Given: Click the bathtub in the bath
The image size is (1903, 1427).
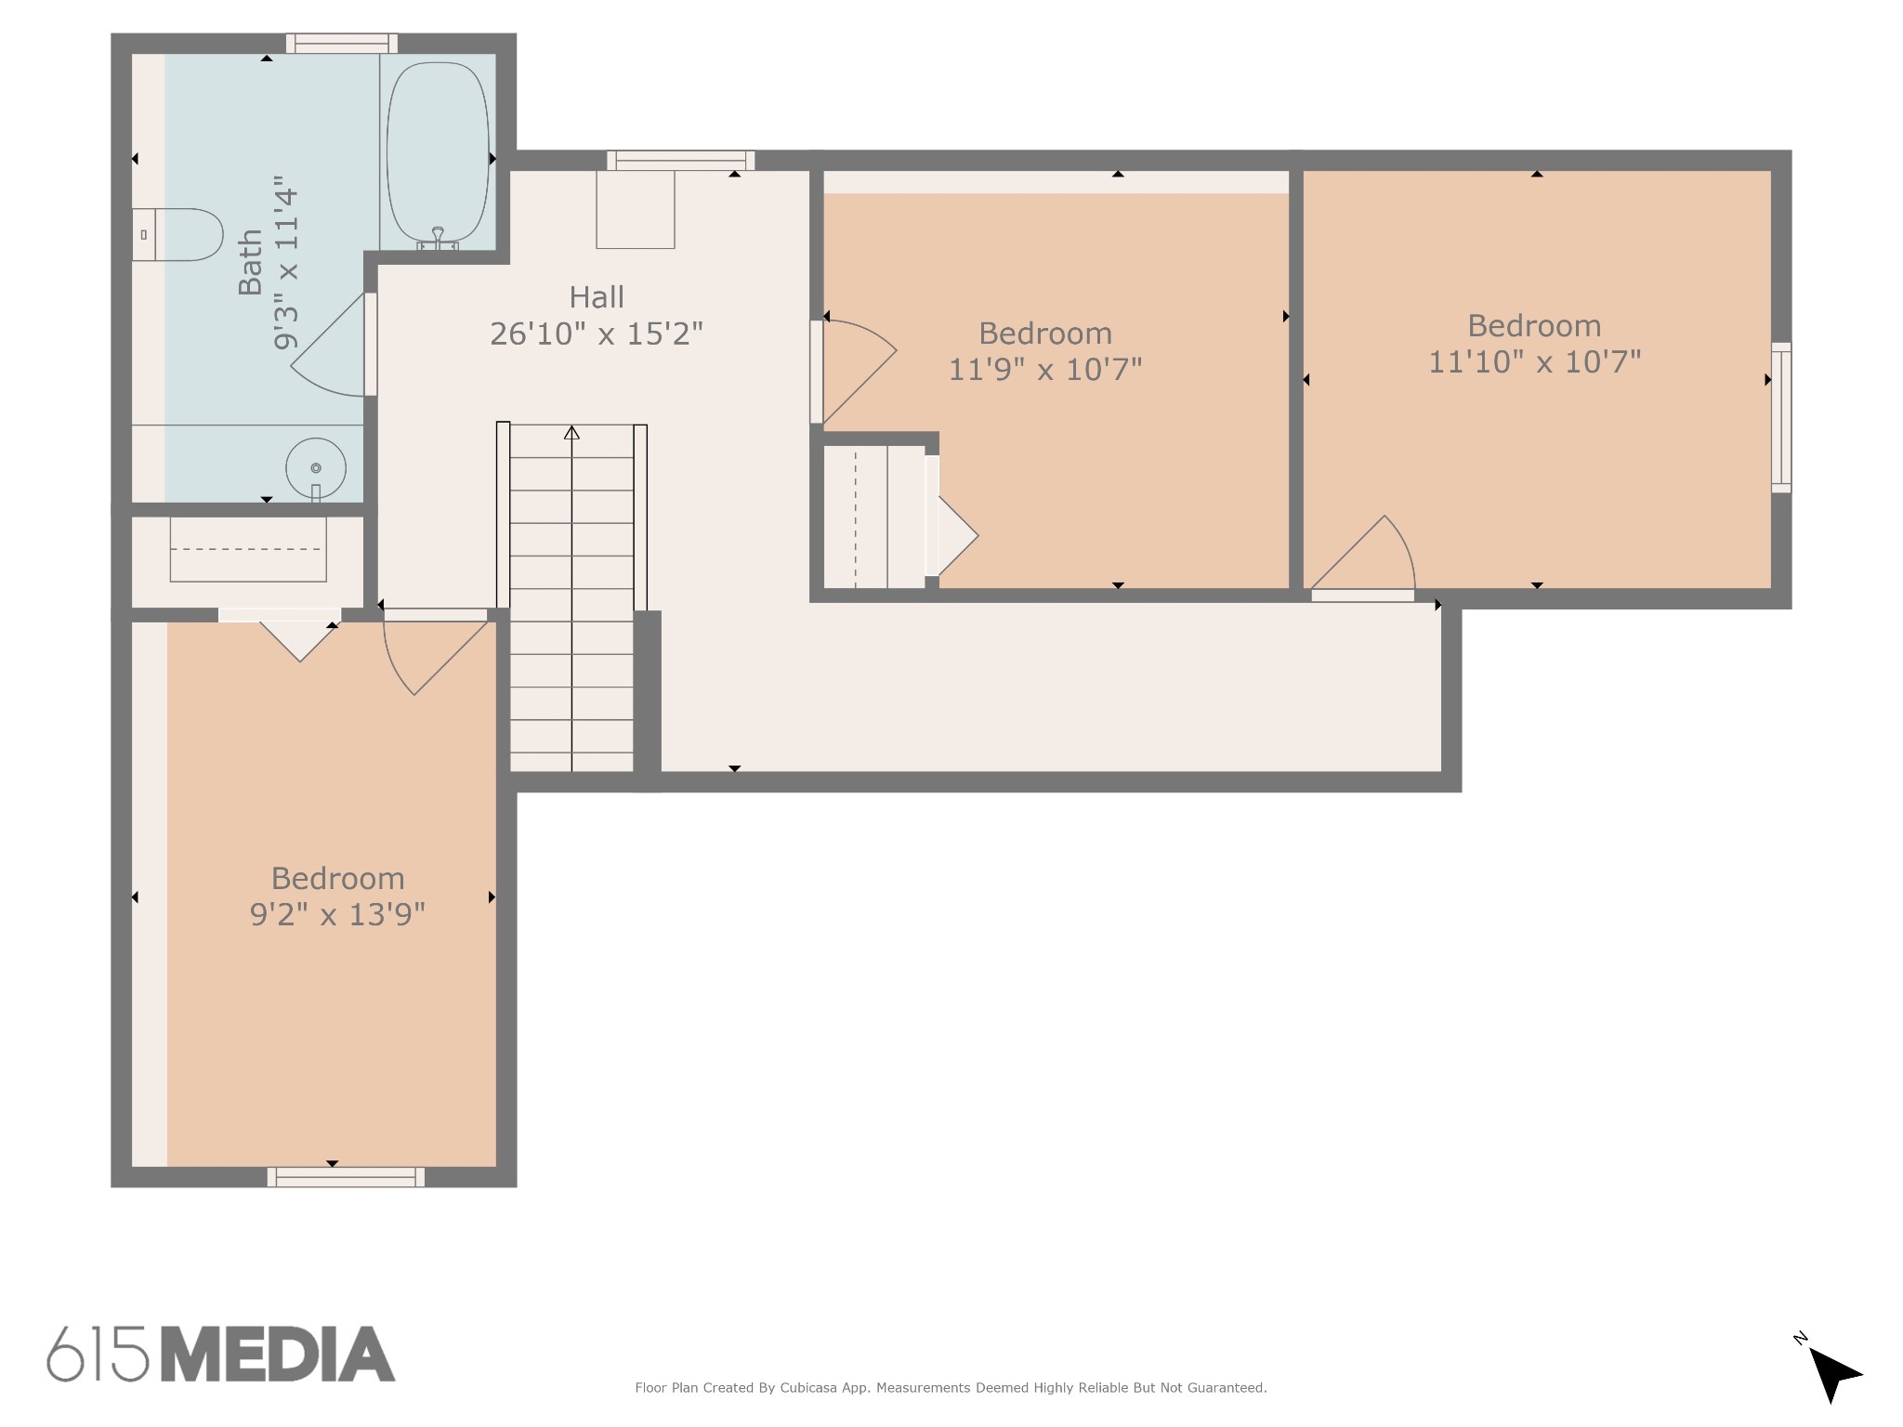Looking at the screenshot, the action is pos(438,153).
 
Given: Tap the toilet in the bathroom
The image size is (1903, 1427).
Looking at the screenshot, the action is pos(177,234).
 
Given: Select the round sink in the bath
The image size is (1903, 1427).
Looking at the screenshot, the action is pos(316,467).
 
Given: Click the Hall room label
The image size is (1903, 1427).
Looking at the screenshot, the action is pos(597,297).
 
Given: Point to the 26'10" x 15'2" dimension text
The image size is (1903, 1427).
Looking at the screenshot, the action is pos(597,334).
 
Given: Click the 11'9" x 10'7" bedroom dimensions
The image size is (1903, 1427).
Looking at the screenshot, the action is pos(1045,370).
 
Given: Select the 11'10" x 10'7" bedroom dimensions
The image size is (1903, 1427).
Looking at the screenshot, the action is pos(1535,361).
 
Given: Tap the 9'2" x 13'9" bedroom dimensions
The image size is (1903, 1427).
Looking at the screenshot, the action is pos(338,915).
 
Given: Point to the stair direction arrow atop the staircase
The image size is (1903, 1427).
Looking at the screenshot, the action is pos(571,432).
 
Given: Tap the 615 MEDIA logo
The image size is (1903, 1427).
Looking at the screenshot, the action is pos(221,1354).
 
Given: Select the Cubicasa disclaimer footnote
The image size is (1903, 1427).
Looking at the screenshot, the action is pos(951,1388).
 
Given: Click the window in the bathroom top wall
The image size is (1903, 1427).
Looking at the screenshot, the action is pos(342,44).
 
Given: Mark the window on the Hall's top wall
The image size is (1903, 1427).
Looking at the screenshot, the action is pos(681,161).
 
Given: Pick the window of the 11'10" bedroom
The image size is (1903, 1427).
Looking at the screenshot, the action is pos(1781,417).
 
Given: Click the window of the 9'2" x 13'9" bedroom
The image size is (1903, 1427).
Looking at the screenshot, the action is pos(346,1177).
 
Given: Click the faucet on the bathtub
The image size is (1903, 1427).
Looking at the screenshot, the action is pos(438,239).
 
